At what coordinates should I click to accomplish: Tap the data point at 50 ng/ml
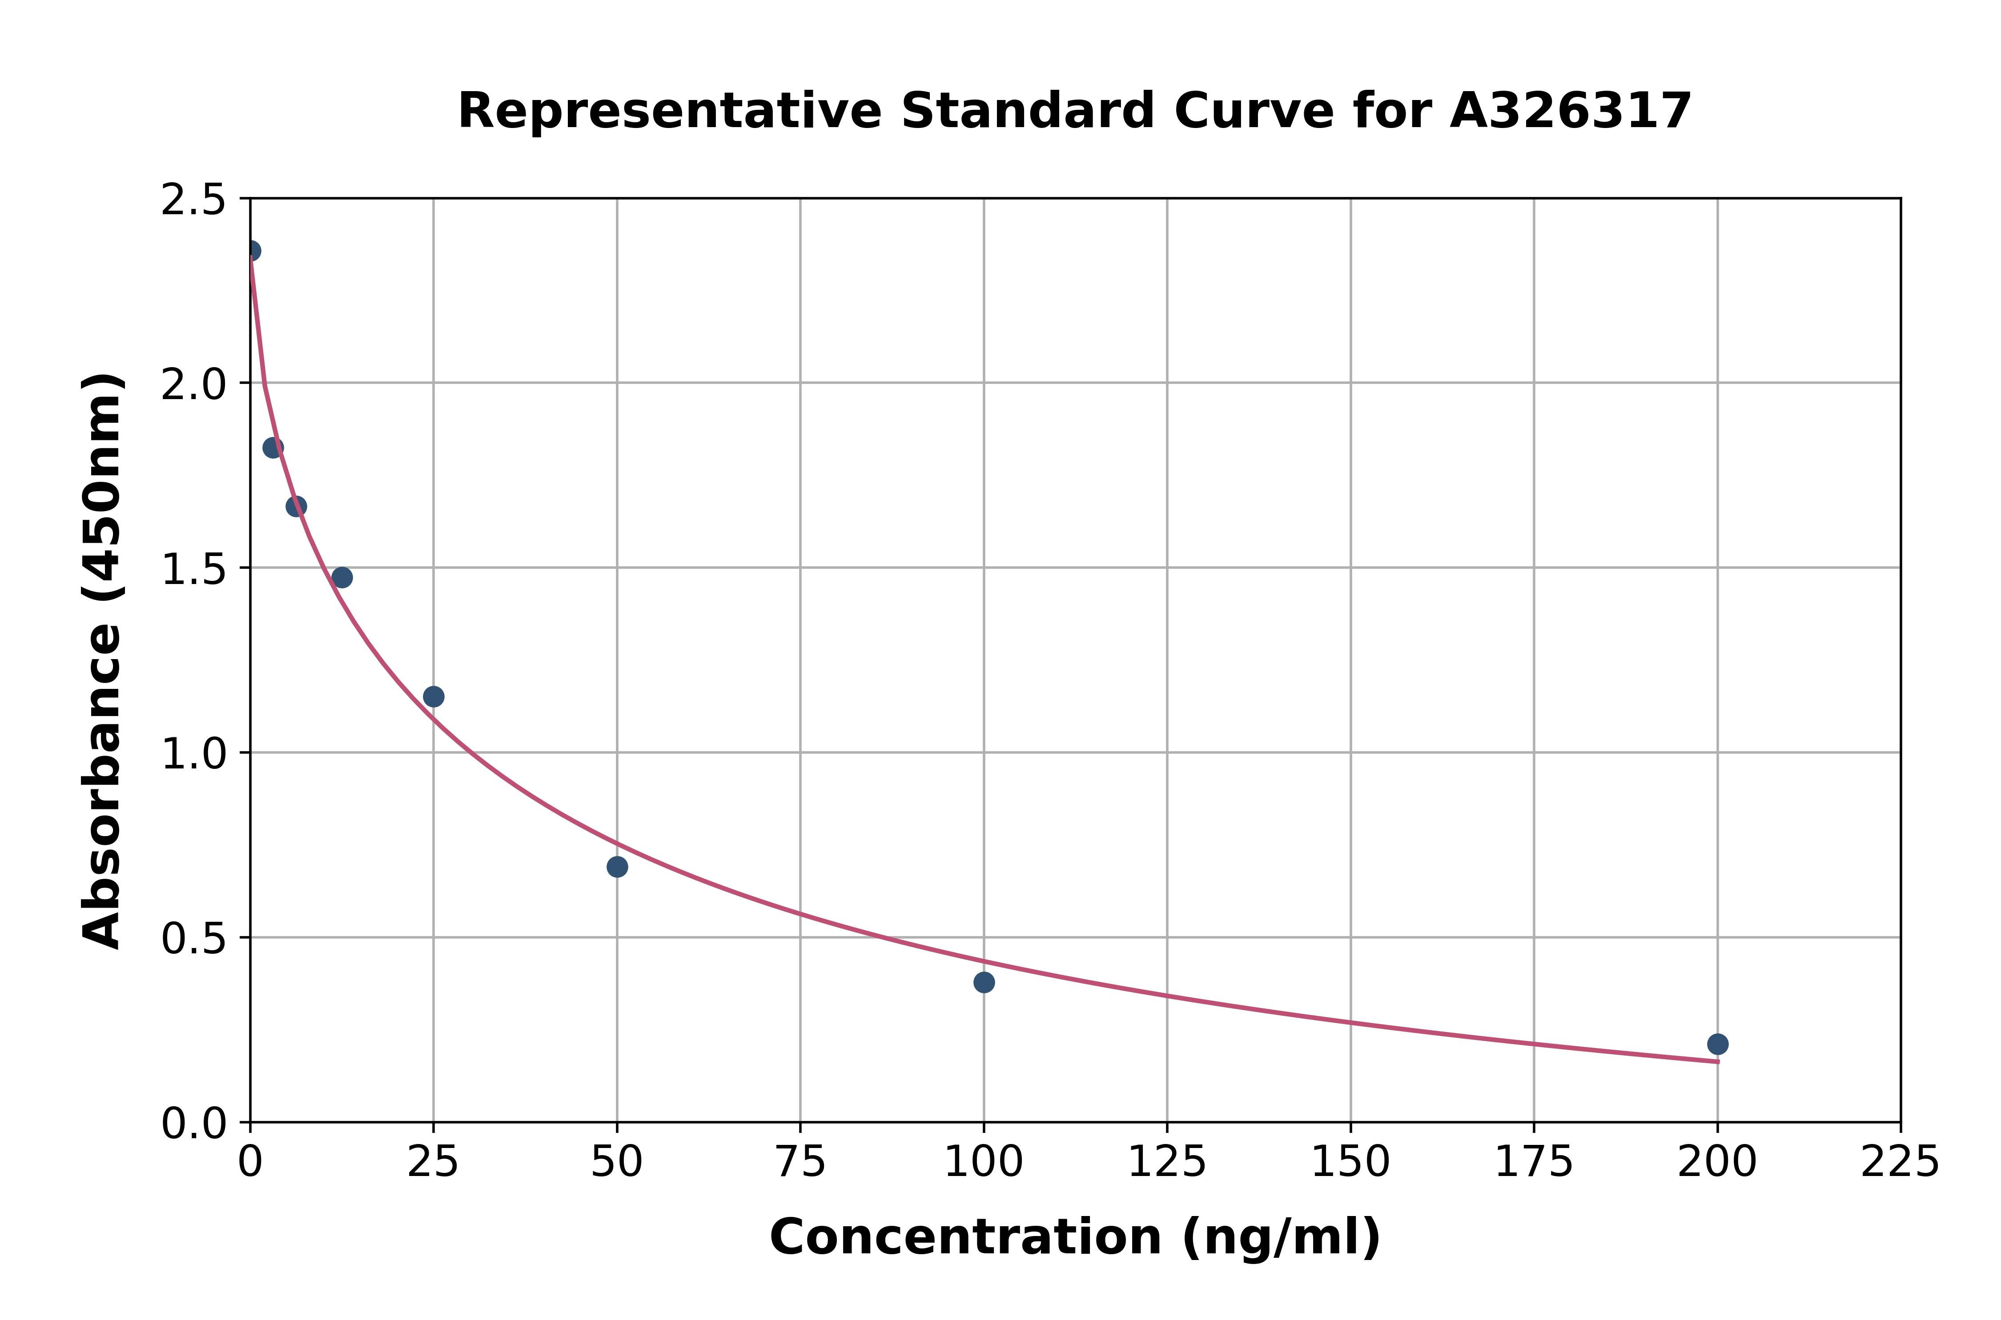pyautogui.click(x=616, y=866)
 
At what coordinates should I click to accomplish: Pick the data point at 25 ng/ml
pyautogui.click(x=433, y=696)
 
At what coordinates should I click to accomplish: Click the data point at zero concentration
pyautogui.click(x=251, y=251)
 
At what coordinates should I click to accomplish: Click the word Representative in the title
pyautogui.click(x=670, y=111)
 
